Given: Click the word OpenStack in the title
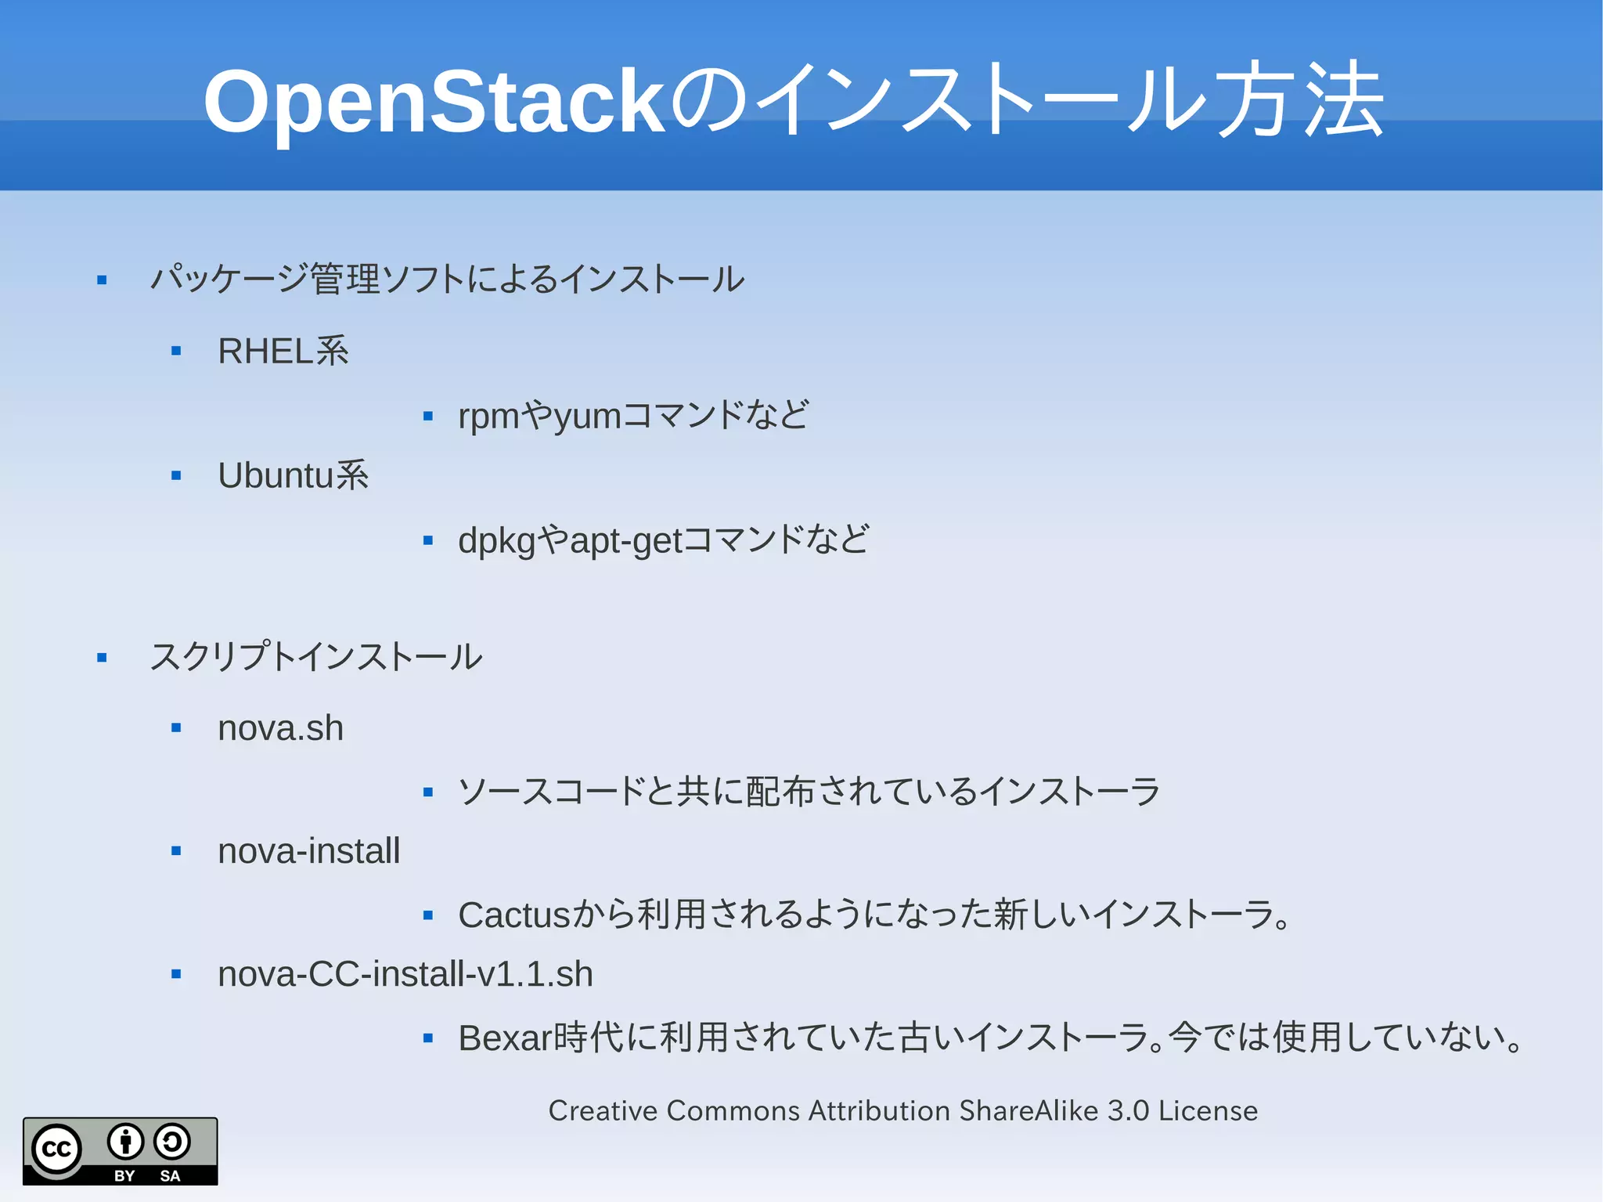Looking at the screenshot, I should click(x=434, y=102).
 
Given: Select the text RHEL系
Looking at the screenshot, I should click(x=283, y=351).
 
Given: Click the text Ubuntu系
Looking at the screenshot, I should click(x=293, y=475).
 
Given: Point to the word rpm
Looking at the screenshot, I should click(x=488, y=417).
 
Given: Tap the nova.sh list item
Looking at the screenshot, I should click(x=280, y=728).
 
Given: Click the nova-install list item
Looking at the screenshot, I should click(x=308, y=851).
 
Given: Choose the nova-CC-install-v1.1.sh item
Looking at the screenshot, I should click(x=405, y=974).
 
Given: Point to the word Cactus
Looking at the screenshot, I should click(x=514, y=915).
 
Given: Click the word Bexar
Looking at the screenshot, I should click(x=505, y=1038).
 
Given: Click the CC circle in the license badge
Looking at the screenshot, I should click(x=56, y=1150).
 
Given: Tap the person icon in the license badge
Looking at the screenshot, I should click(x=125, y=1141).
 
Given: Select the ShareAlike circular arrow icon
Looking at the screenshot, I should click(x=172, y=1141).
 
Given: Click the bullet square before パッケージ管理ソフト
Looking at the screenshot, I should click(x=102, y=280).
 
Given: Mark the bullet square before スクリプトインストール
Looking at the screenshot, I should click(x=102, y=658).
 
